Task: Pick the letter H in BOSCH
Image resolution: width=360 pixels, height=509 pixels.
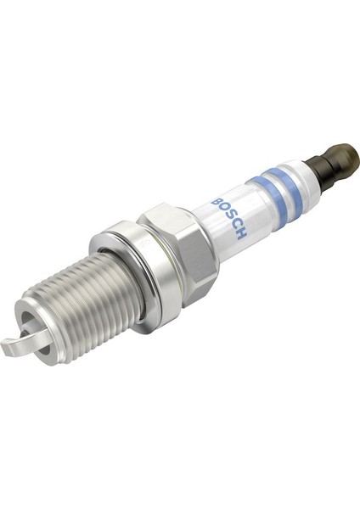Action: (242, 234)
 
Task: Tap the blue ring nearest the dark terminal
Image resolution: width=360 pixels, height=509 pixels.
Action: (292, 187)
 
